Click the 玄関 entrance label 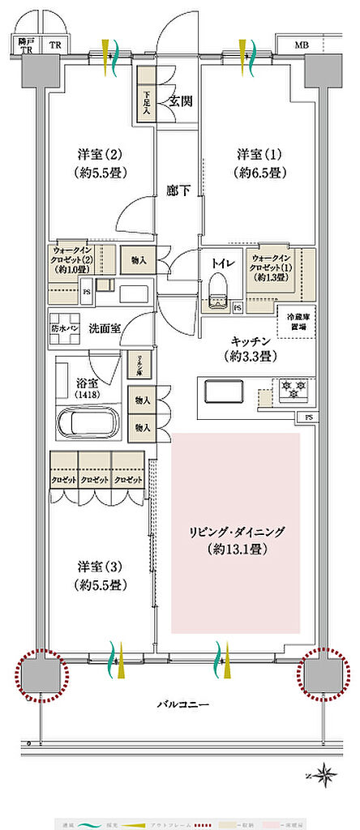click(x=180, y=101)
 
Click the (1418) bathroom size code click(x=84, y=394)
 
